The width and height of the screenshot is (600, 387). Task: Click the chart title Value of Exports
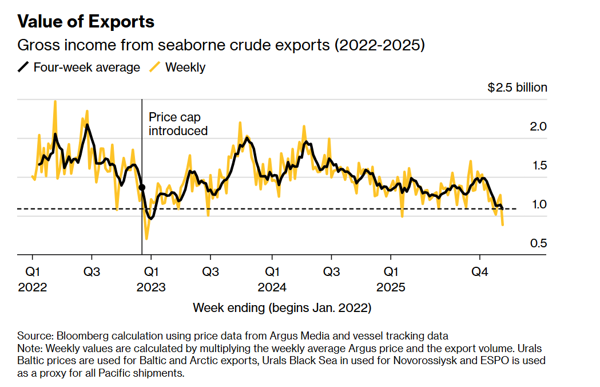(86, 22)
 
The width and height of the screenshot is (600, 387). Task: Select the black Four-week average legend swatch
(23, 68)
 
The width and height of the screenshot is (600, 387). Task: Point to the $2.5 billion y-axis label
(517, 88)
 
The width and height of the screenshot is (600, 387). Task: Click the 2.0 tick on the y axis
(539, 126)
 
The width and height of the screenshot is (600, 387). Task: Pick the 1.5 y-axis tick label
(539, 165)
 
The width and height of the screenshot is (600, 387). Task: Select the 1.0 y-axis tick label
(539, 204)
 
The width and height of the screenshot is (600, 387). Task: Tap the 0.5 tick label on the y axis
(539, 243)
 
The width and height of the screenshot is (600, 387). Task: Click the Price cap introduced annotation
(178, 124)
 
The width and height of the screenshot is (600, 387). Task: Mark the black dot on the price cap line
(142, 187)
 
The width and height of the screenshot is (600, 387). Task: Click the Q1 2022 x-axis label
(32, 278)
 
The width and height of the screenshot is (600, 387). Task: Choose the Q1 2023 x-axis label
(151, 278)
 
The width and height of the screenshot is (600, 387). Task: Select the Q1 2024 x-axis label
(272, 278)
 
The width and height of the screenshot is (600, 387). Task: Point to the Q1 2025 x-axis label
(391, 278)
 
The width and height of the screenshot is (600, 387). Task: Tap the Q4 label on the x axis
(479, 271)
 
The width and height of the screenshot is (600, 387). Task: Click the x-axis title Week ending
(282, 308)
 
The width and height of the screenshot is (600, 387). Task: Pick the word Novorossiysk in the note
(420, 361)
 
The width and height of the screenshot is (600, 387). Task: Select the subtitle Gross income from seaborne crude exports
(221, 45)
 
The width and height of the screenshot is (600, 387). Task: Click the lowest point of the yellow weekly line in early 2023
(147, 239)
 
